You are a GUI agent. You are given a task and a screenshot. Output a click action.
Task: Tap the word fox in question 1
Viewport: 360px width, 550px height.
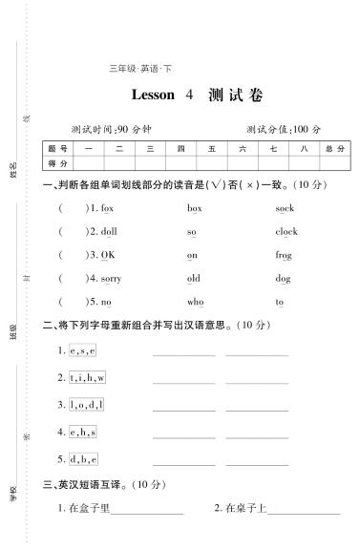coord(107,207)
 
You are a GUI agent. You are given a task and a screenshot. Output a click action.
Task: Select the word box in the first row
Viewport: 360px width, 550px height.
coord(195,207)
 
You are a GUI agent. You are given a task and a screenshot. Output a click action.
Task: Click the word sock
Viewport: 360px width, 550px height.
coord(284,207)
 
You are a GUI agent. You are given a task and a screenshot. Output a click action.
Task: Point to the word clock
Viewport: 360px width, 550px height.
coord(286,231)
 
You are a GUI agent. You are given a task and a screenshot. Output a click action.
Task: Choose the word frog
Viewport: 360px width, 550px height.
coord(284,255)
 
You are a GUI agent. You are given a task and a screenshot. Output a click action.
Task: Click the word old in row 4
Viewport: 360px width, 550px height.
coord(193,279)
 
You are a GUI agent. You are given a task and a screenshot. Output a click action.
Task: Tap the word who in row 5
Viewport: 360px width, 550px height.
coord(195,302)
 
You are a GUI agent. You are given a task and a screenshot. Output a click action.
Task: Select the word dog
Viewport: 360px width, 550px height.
coord(283,279)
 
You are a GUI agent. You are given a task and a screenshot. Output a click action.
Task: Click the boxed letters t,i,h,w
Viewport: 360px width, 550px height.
coord(87,377)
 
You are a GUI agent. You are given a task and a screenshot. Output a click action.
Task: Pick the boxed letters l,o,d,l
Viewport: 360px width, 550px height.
coord(86,404)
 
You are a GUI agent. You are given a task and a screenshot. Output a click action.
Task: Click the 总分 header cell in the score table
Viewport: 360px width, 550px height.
coord(334,149)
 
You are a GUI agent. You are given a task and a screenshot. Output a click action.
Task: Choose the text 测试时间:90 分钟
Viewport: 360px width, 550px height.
coord(112,129)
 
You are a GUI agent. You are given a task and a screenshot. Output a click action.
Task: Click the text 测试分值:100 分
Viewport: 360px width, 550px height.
coord(284,129)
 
